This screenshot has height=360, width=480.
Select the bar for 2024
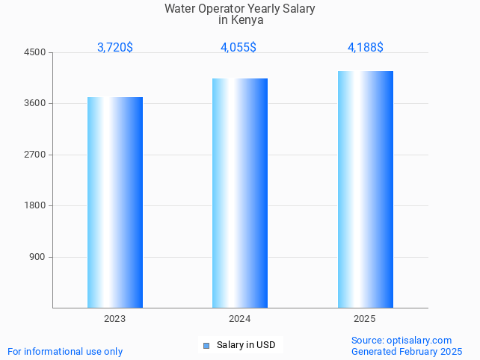click(240, 193)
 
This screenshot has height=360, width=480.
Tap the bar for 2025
click(365, 189)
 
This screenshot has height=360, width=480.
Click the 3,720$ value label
click(115, 48)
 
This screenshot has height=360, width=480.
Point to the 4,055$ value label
click(239, 48)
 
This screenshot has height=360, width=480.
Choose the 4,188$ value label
click(366, 48)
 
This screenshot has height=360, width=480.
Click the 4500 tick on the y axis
click(35, 52)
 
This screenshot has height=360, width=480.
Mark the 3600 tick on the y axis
click(35, 104)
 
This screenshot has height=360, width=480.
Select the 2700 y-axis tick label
click(35, 155)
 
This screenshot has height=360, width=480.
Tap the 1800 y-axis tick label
click(35, 206)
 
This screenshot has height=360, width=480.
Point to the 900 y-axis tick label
click(37, 257)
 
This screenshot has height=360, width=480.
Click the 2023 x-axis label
click(115, 319)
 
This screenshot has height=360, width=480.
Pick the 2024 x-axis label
click(240, 319)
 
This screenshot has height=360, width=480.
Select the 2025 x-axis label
click(365, 319)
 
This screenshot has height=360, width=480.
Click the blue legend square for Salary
click(206, 345)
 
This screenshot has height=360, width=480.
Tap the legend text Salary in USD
click(246, 345)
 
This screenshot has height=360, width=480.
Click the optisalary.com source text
click(419, 340)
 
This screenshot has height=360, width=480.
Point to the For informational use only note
click(65, 351)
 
